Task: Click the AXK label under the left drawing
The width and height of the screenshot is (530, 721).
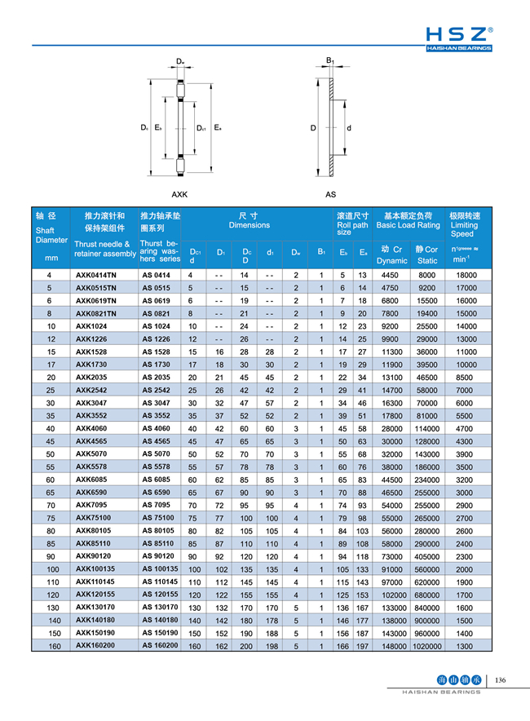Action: (x=179, y=195)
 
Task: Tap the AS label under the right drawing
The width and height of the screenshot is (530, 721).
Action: (x=330, y=195)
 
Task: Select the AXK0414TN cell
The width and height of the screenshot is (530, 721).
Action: (x=96, y=276)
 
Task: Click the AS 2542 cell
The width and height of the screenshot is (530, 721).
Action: (x=156, y=391)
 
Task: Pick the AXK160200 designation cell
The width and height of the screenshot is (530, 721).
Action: (x=96, y=646)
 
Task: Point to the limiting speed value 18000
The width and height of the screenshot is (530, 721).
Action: (x=465, y=276)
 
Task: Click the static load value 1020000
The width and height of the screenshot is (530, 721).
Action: (x=426, y=646)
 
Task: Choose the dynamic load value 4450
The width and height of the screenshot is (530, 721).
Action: (x=391, y=276)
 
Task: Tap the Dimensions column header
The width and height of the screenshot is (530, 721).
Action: (x=249, y=220)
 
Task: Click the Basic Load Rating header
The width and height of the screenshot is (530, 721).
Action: (x=408, y=220)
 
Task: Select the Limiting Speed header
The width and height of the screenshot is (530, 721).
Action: (x=465, y=224)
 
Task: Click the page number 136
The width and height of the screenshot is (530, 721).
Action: (x=501, y=679)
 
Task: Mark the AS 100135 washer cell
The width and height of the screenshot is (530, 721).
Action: (x=160, y=569)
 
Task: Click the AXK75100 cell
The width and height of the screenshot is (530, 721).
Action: (x=95, y=518)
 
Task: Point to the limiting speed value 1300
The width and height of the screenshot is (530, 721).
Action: (x=465, y=646)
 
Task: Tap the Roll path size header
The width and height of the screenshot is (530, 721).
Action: (x=351, y=224)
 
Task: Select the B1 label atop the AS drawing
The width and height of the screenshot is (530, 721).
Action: (x=330, y=61)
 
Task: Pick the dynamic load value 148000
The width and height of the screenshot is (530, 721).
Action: (x=392, y=646)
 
